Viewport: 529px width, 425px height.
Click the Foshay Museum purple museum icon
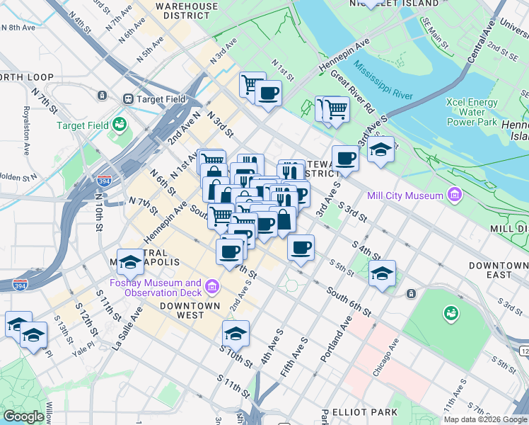tap(211, 287)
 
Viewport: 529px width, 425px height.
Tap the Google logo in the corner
tap(23, 416)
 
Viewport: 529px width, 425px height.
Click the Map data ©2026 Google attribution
tap(485, 419)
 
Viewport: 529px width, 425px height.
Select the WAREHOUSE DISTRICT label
tap(187, 10)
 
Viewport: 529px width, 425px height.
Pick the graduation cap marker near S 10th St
tap(236, 333)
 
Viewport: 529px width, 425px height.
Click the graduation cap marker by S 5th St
tap(382, 273)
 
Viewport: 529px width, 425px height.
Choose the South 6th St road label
tap(349, 301)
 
